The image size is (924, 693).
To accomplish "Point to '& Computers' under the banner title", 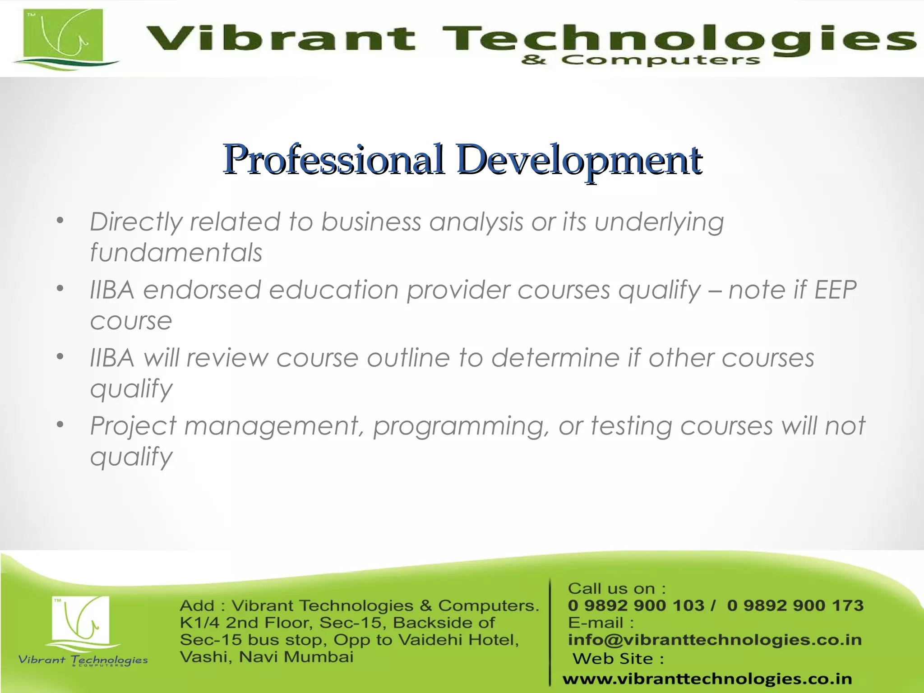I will [x=640, y=60].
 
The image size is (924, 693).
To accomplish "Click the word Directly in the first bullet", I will [x=135, y=222].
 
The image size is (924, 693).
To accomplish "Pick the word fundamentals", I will [x=176, y=252].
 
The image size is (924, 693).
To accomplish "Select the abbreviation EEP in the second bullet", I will [x=835, y=290].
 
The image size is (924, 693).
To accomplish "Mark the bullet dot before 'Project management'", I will [x=60, y=425].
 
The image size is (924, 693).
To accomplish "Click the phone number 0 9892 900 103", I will [x=636, y=605].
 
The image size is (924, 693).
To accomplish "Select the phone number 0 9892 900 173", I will [x=795, y=605].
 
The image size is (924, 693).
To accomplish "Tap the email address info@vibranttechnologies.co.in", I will [x=715, y=640].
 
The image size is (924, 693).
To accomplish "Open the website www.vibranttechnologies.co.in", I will [x=707, y=679].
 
